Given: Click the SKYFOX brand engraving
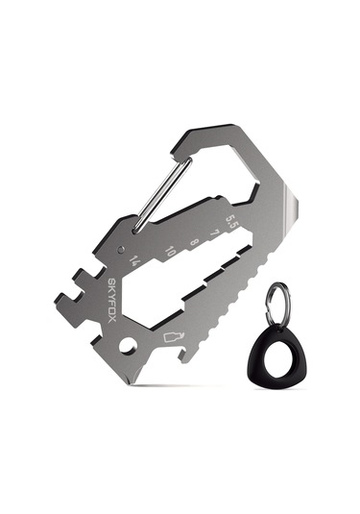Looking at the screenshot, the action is [x=112, y=301].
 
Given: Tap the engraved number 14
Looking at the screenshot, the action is [x=135, y=261].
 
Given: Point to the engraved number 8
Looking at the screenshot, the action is [x=194, y=242].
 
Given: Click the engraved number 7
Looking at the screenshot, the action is [x=214, y=233].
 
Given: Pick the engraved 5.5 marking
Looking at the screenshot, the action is [x=232, y=223].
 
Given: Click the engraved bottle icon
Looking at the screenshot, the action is [x=174, y=336].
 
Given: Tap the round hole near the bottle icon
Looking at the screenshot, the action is [x=128, y=346].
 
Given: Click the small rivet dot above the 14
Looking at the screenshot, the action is [x=121, y=249].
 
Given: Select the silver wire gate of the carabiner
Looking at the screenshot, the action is [x=162, y=195].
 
